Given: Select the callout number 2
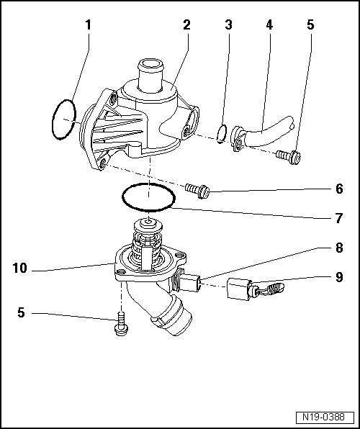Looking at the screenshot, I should point(186,25).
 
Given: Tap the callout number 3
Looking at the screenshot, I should point(228,25).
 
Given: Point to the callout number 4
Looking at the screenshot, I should point(269,25).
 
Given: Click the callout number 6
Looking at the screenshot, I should point(339,191).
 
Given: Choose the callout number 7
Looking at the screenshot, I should point(339,215).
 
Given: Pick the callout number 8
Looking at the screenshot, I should point(339,248).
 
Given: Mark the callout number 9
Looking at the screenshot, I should point(339,276).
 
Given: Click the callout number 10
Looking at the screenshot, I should point(19,268).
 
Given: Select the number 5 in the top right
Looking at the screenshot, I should point(310,25).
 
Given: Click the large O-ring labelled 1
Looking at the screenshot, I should point(64,119).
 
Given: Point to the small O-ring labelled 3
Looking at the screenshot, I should point(223,131).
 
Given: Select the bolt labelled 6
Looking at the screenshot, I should point(197,190).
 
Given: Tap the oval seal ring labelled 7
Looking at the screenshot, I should point(148,197).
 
